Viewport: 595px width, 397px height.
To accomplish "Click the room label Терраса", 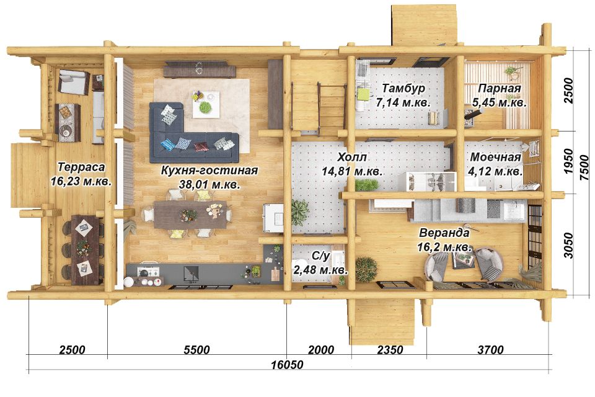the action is tap(81, 167).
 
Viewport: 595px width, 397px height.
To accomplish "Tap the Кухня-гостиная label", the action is tap(209, 170).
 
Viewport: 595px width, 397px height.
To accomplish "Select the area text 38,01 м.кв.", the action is tap(209, 185).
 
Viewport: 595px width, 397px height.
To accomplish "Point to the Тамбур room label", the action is tap(403, 88).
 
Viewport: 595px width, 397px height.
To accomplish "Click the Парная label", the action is tap(499, 88).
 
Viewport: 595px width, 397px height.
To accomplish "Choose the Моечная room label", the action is tap(496, 157).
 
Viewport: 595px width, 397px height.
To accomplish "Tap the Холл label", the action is tap(352, 157).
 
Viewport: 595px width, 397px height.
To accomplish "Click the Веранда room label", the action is tap(444, 233).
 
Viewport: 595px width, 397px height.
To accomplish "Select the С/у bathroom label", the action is tap(320, 256).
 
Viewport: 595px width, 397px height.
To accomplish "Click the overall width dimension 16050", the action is tap(287, 365).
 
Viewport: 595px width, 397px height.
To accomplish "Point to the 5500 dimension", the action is tap(196, 349).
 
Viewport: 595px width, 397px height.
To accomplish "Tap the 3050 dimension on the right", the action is tap(568, 245).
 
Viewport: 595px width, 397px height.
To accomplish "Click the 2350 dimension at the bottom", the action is tap(390, 349).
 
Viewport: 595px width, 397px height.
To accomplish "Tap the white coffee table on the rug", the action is tap(205, 104).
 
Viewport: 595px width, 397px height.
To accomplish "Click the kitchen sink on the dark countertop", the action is tap(191, 273).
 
